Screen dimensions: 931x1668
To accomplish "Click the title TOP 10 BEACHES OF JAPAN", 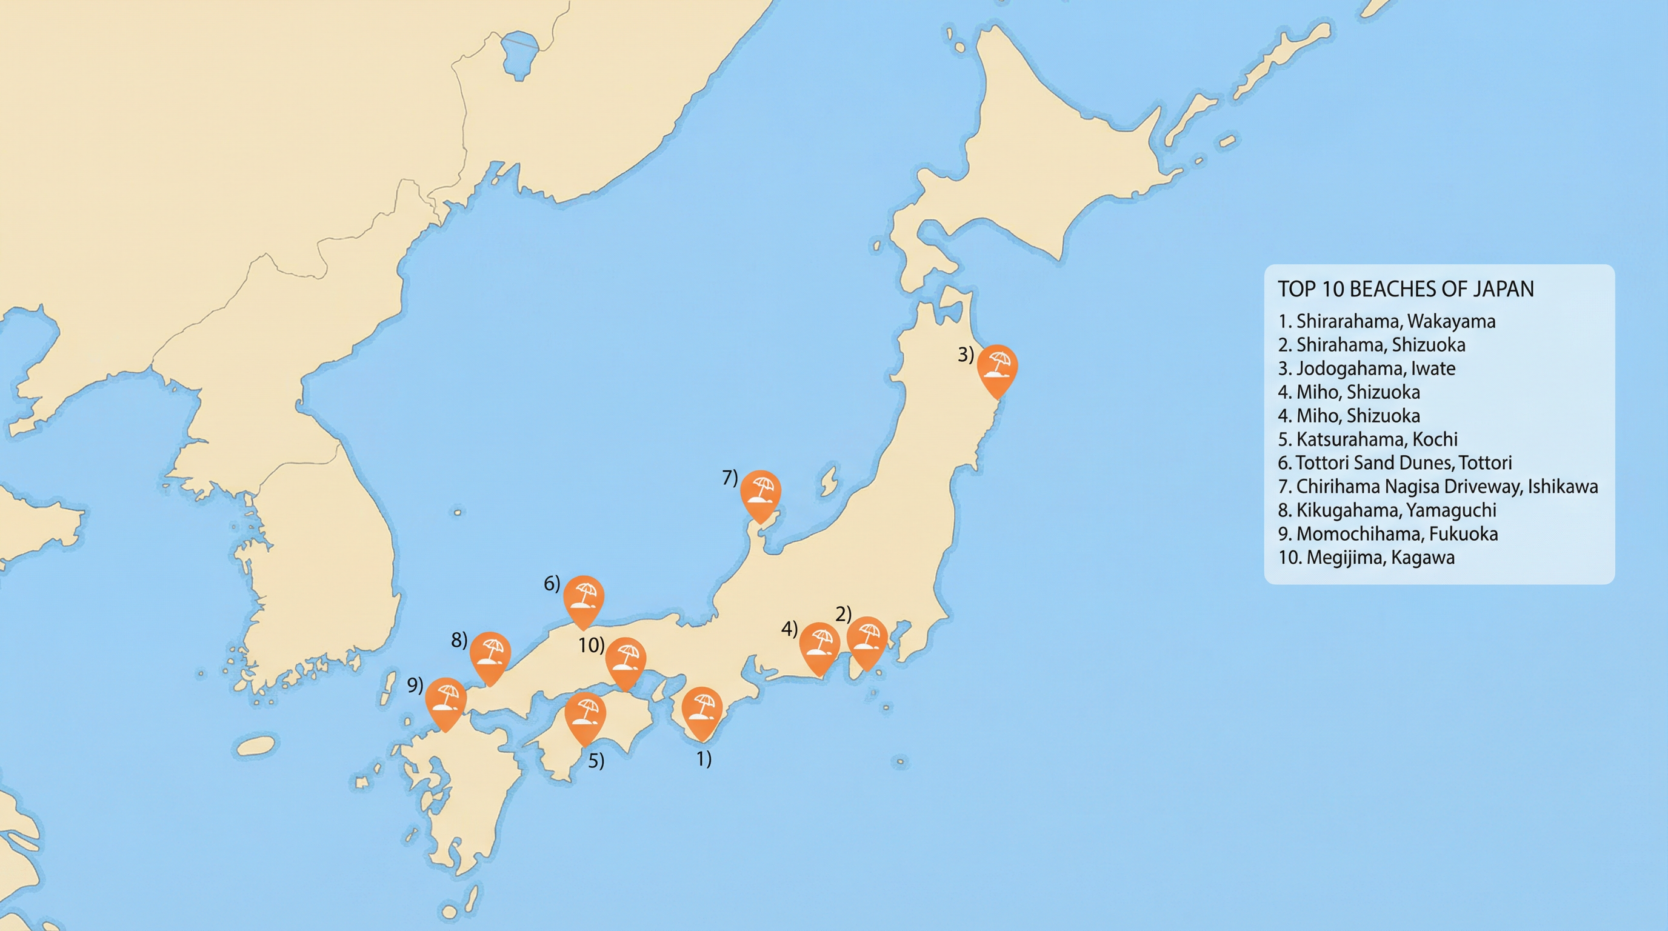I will click(x=1406, y=289).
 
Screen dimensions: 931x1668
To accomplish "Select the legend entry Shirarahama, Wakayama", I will click(x=1387, y=321).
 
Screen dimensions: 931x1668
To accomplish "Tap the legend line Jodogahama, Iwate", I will click(x=1367, y=369).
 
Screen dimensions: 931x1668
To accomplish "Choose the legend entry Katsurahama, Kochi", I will click(x=1368, y=439).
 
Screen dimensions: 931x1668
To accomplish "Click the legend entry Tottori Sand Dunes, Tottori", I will click(x=1395, y=463).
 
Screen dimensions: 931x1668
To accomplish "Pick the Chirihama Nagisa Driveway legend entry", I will click(x=1438, y=486).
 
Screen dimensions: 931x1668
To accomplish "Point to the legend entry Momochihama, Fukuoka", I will click(x=1388, y=533).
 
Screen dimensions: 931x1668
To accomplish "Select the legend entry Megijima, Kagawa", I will click(x=1366, y=558).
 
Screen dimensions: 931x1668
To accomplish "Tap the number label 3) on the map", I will click(x=966, y=355).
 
